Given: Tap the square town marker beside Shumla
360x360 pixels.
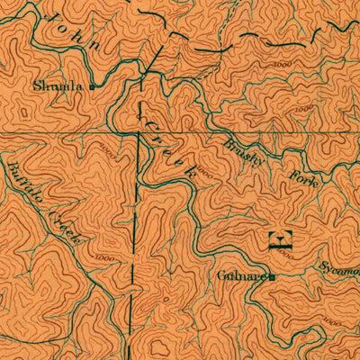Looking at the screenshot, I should [x=92, y=87].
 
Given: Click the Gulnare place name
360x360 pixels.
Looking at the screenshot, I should [x=240, y=275].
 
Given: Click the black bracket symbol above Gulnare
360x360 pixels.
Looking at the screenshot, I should [x=282, y=239].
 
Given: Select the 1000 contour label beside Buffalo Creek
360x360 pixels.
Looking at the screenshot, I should [x=103, y=258].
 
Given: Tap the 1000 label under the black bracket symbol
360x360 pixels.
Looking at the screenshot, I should [x=286, y=258].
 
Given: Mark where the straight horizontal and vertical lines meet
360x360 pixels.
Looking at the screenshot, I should [x=138, y=136].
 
